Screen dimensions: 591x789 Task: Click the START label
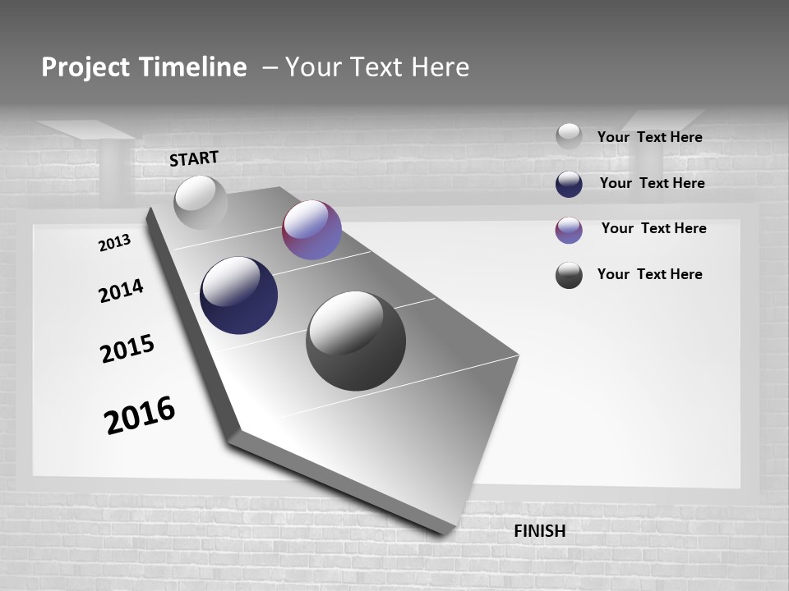click(x=194, y=158)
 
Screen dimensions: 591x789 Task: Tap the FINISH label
click(x=539, y=531)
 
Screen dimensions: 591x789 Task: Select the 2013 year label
click(x=114, y=243)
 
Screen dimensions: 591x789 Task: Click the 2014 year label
click(x=121, y=291)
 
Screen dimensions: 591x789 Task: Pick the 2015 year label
click(x=127, y=349)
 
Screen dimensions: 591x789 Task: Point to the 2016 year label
click(x=140, y=415)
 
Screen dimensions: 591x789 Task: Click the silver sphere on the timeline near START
click(x=201, y=202)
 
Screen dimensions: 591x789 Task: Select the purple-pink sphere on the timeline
click(x=311, y=230)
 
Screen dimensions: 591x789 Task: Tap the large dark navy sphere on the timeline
click(x=238, y=295)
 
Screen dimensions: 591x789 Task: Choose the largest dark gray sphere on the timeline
click(x=356, y=341)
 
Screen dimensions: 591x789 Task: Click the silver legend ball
click(x=569, y=136)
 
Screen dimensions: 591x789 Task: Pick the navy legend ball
click(x=569, y=184)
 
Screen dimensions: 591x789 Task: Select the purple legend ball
click(x=569, y=230)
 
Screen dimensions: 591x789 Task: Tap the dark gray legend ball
click(x=569, y=275)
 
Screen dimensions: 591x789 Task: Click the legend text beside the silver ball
click(x=649, y=137)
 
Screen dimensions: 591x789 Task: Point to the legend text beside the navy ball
click(x=652, y=183)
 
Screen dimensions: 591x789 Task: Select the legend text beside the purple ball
click(x=653, y=228)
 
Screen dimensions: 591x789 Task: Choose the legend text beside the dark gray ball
click(x=649, y=274)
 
